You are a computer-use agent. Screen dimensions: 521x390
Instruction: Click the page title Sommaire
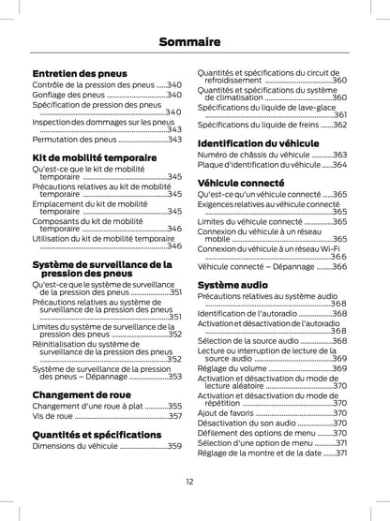tap(195, 41)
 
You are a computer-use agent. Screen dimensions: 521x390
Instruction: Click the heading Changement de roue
tap(82, 394)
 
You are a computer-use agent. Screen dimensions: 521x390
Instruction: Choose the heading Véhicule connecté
tap(241, 182)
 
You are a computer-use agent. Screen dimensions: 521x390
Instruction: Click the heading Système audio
tap(232, 283)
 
